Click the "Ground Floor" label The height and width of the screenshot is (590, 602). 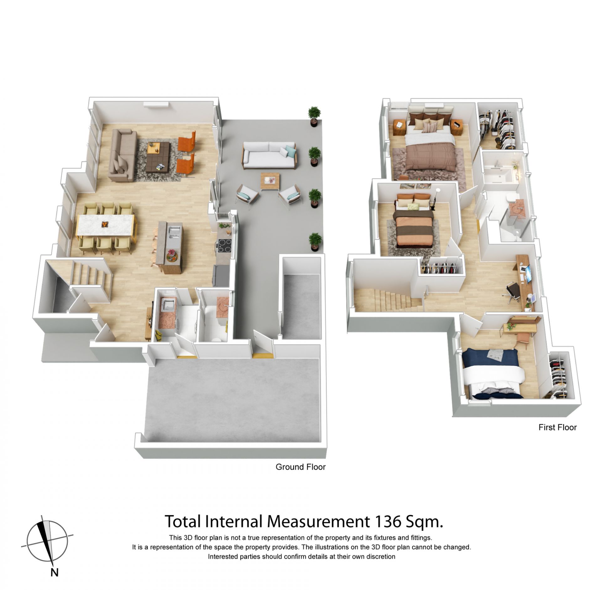point(300,476)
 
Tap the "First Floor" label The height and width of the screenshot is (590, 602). point(557,427)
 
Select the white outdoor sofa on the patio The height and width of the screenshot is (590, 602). point(269,155)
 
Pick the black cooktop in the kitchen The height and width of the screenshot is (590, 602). point(225,245)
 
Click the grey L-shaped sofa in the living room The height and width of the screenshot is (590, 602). point(122,155)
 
